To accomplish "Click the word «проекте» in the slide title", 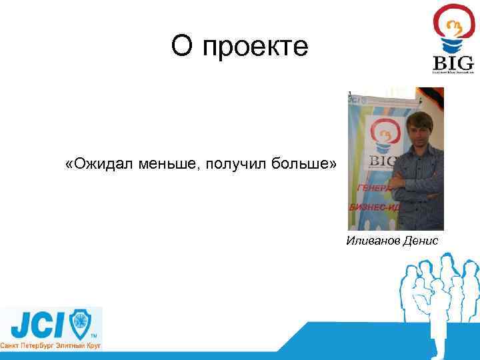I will [256, 47].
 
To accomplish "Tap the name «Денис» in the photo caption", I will [421, 240].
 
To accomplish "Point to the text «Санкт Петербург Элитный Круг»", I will [51, 346].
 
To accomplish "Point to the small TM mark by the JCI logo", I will [93, 335].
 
